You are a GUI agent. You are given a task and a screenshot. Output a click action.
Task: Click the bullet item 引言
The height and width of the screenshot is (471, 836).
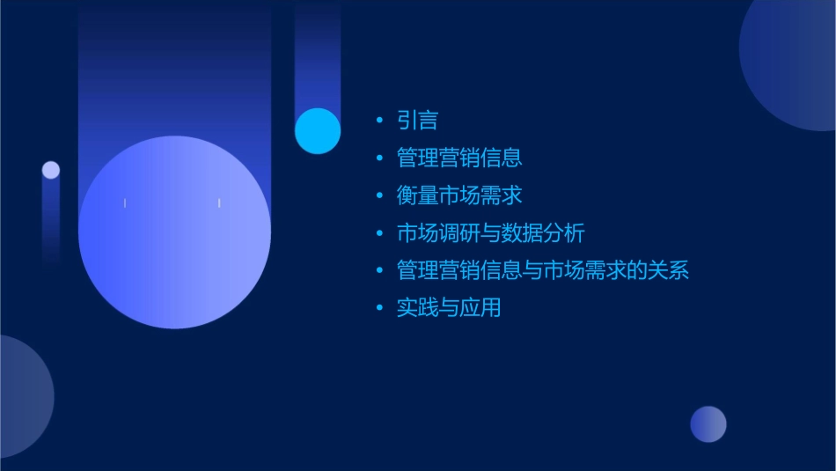[417, 121]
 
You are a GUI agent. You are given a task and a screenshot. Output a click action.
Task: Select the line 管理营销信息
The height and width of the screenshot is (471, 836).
[459, 158]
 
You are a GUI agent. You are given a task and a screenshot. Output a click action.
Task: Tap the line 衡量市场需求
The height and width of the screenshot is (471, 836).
[459, 195]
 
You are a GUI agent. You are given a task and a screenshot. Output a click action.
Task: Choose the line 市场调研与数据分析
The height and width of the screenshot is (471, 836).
[490, 233]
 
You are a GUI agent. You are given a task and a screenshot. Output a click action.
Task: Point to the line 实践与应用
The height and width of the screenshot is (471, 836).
[449, 308]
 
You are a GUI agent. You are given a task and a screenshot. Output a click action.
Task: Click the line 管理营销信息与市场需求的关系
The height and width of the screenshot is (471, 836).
[543, 270]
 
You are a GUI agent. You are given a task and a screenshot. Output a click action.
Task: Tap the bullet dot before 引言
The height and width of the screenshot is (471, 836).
[379, 121]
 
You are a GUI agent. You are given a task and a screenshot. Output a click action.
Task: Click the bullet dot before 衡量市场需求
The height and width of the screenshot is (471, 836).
[379, 195]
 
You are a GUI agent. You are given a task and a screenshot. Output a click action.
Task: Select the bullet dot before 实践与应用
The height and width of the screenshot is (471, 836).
[379, 308]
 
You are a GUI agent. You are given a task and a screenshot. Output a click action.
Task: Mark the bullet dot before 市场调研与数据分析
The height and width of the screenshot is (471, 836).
[379, 233]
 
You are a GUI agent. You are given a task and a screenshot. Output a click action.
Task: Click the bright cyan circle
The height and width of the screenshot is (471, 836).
[318, 130]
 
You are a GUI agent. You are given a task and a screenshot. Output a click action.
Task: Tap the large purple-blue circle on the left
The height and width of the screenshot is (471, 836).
[174, 232]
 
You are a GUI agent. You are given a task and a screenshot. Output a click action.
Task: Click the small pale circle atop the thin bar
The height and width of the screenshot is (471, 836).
[51, 170]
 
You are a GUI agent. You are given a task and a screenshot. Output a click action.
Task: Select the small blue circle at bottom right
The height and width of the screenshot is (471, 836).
[708, 424]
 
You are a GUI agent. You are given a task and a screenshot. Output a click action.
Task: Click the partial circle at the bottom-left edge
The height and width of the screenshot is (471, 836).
[22, 396]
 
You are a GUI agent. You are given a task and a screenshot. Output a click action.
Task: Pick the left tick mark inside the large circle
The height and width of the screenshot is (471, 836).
[125, 203]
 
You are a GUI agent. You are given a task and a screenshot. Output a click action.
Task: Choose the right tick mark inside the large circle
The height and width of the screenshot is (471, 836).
[219, 203]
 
